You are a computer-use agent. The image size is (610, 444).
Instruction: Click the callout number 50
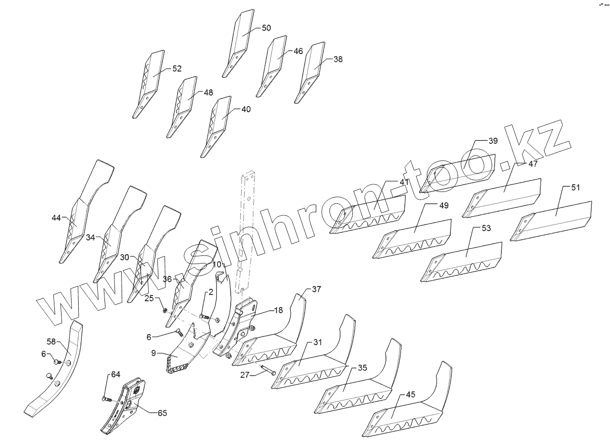pos(266,28)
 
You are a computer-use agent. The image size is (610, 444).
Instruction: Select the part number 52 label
pos(177,69)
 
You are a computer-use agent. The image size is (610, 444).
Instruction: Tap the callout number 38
pos(338,59)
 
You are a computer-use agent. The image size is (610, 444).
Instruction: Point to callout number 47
pos(533,164)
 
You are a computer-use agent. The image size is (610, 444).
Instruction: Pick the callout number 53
pos(486,228)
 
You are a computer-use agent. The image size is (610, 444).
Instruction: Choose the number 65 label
pos(162,413)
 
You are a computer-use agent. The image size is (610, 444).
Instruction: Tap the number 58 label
pos(52,342)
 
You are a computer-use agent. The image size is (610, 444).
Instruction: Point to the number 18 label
pos(278,310)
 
